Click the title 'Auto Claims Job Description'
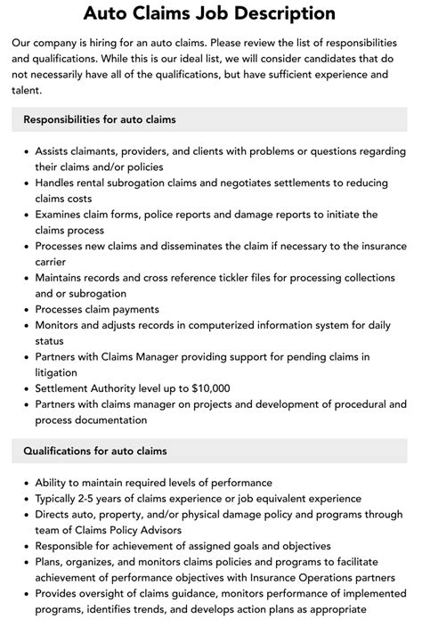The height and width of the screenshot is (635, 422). click(x=210, y=13)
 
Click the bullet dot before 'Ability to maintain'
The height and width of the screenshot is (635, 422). click(x=29, y=484)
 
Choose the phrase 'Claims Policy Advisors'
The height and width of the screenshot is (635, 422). click(x=124, y=531)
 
